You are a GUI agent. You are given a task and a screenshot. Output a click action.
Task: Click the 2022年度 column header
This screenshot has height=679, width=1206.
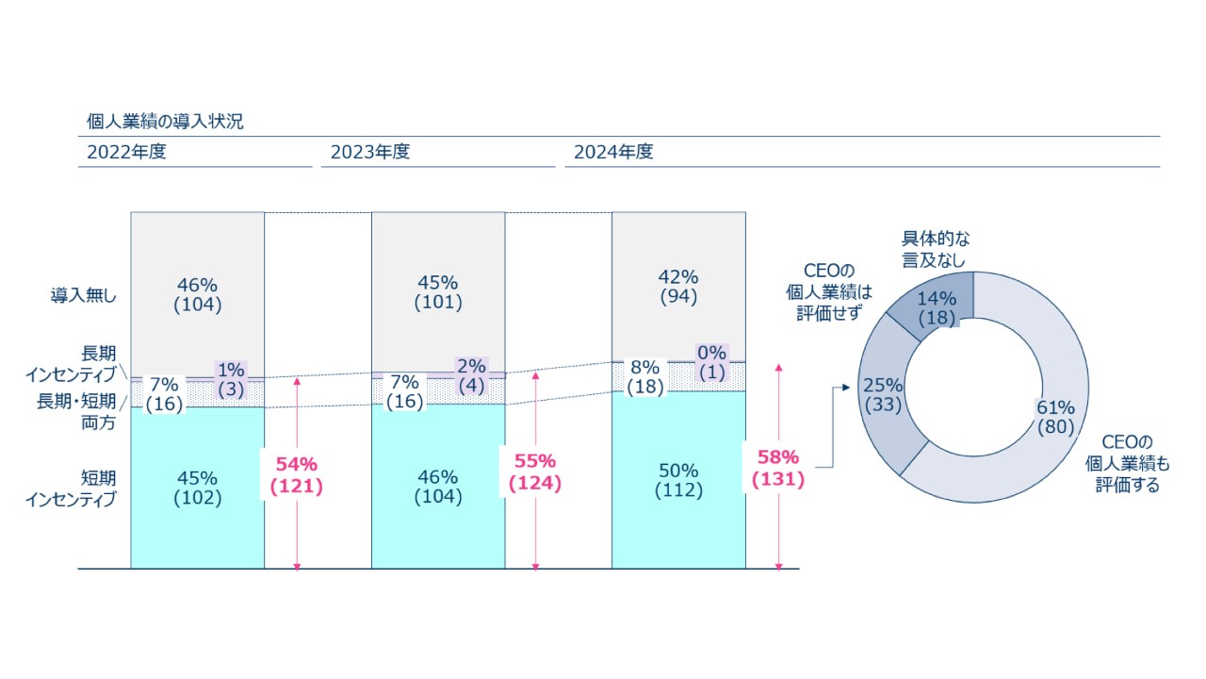(126, 152)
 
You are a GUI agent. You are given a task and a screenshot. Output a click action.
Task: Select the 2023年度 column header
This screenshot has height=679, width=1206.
(370, 152)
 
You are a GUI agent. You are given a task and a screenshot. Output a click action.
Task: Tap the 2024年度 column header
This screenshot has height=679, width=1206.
(613, 152)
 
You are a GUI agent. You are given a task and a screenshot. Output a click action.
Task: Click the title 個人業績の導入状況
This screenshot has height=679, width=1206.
(165, 123)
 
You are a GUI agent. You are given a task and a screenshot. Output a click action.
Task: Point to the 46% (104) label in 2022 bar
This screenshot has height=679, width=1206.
(198, 293)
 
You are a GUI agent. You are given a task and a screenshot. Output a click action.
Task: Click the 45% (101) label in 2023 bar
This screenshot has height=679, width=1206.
(438, 292)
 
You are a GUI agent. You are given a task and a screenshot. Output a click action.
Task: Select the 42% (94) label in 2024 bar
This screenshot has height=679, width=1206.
(678, 287)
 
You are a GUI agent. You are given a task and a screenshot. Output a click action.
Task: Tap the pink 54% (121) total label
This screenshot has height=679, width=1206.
(296, 474)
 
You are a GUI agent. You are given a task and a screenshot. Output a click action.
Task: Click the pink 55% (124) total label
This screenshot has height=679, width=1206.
(534, 472)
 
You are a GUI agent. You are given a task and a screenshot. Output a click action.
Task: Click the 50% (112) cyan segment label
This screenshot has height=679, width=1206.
(678, 480)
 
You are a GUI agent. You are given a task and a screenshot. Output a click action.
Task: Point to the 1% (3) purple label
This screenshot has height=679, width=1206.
(231, 379)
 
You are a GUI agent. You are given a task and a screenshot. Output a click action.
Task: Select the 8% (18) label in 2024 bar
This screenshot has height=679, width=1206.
(645, 377)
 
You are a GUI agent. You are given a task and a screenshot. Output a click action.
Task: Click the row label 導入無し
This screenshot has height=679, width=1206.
(84, 295)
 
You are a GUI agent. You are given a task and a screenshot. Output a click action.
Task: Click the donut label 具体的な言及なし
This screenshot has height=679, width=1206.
(934, 249)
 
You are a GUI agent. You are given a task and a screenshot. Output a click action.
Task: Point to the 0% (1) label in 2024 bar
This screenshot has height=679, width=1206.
(713, 362)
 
